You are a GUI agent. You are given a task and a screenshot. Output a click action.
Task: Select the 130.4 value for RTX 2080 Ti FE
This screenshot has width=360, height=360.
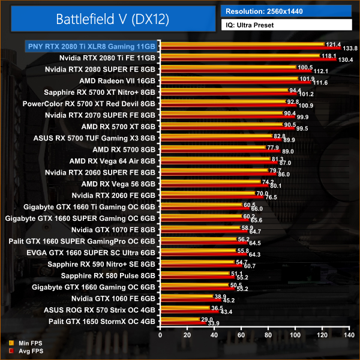coord(346,60)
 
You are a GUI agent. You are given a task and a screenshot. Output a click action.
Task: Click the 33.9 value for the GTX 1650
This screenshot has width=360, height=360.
coord(213,323)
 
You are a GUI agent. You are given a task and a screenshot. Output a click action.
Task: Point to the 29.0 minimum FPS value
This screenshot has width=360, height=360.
coord(207,319)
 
